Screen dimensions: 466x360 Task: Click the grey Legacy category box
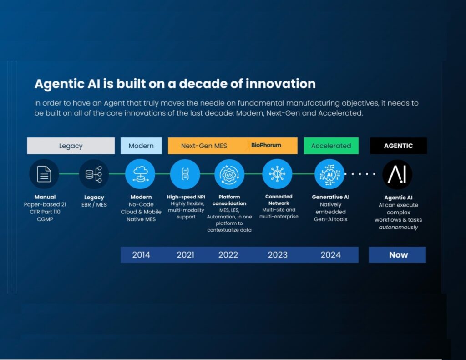point(71,146)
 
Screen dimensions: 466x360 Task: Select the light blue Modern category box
point(141,146)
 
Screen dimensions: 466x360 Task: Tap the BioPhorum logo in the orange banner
point(264,145)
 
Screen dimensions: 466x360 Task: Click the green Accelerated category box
point(331,146)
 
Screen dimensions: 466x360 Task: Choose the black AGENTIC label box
point(398,146)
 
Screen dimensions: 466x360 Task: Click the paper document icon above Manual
point(44,174)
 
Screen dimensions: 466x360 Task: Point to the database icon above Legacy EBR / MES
point(94,174)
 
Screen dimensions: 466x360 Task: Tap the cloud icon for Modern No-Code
point(140,174)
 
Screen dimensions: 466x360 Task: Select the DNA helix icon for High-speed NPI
point(185,174)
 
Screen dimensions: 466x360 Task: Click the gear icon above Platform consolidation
point(229,174)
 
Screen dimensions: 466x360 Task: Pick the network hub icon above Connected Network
point(277,174)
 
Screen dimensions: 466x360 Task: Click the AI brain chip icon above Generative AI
point(329,174)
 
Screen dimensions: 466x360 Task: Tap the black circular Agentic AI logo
point(397,174)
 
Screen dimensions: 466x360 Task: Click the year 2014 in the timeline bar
point(141,255)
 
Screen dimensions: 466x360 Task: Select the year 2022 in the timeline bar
point(228,255)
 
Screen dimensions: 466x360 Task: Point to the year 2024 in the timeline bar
point(330,255)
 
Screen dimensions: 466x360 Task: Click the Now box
point(397,255)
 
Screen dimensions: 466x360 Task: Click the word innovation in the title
point(280,84)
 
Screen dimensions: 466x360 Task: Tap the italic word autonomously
point(398,228)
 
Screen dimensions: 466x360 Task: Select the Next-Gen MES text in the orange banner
point(204,146)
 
